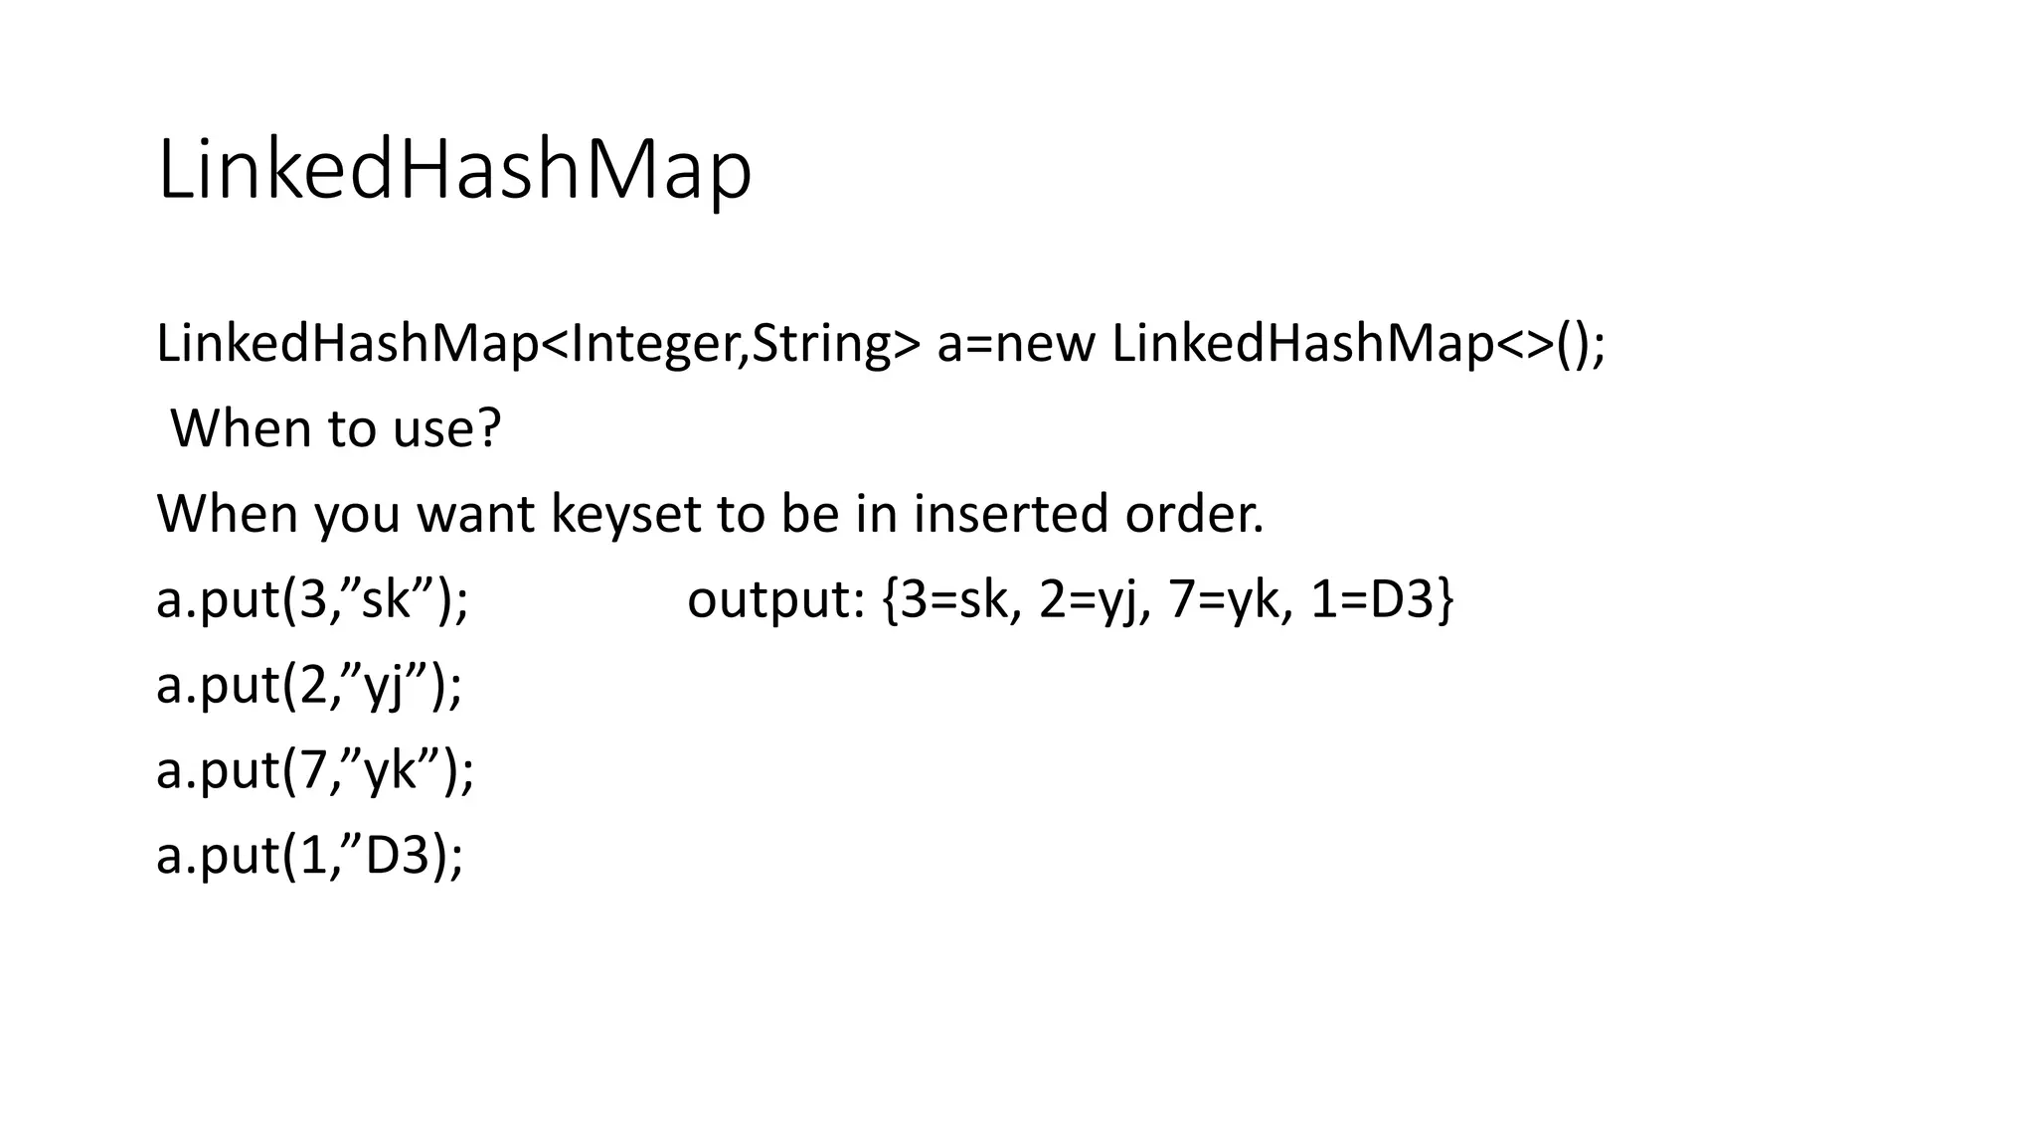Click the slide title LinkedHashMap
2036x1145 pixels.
[x=454, y=171]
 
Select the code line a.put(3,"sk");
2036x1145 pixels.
[x=312, y=600]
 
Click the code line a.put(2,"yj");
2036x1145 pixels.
[x=309, y=686]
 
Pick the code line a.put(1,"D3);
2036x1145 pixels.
[x=309, y=856]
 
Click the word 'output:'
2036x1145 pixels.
[x=775, y=600]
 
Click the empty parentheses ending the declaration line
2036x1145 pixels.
[x=1573, y=344]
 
